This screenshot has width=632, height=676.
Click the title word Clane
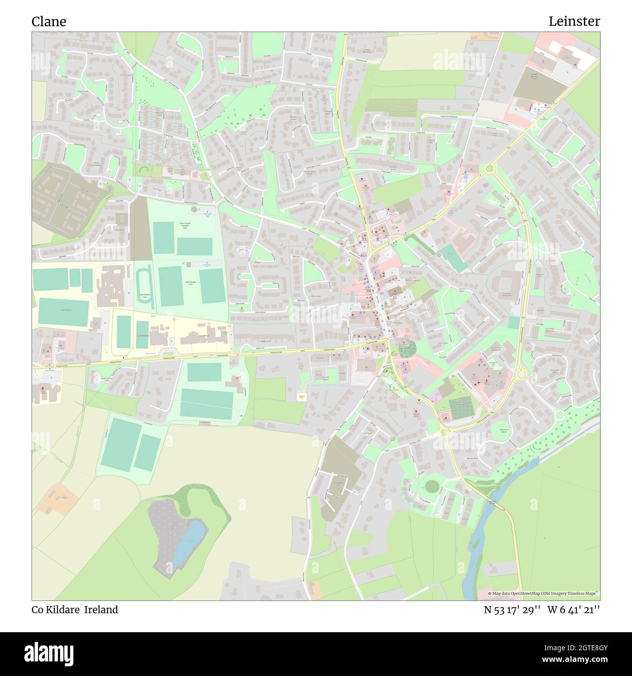coord(49,21)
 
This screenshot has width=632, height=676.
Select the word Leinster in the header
coord(574,21)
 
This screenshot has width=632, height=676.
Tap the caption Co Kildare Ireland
coord(75,610)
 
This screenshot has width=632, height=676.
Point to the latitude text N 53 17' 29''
coord(512,610)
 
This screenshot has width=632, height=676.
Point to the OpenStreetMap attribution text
coord(544,594)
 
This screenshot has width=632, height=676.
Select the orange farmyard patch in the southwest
coord(58,498)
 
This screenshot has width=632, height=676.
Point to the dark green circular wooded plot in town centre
coord(407,348)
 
